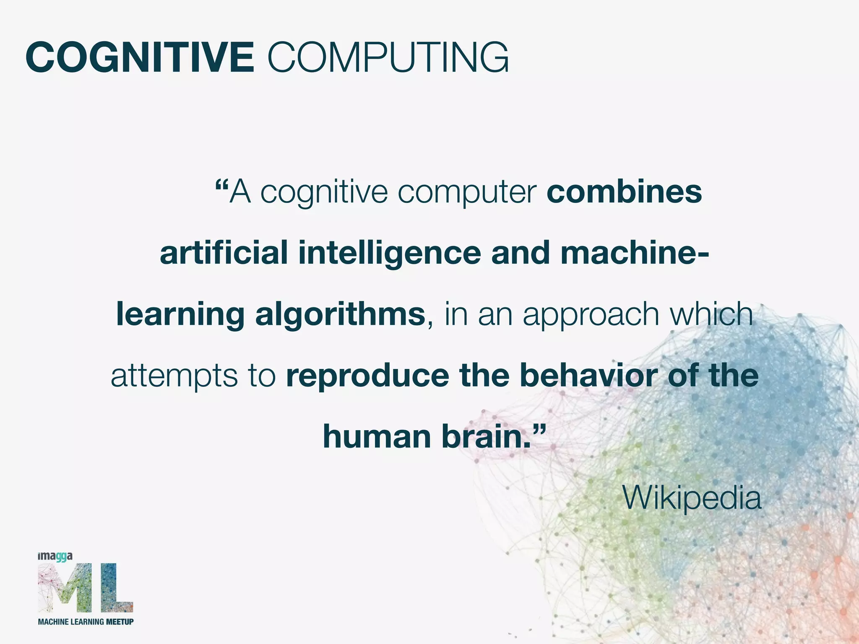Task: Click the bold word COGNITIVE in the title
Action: (140, 57)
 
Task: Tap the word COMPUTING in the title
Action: (388, 57)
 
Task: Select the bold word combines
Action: (624, 192)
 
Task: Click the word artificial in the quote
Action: (224, 253)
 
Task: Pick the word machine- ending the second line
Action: (635, 253)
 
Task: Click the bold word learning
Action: (180, 315)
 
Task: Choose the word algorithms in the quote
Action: (340, 315)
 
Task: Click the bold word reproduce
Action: (367, 377)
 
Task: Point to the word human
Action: (377, 437)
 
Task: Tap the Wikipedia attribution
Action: (692, 498)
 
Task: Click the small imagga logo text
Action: (55, 557)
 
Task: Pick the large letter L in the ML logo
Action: (117, 588)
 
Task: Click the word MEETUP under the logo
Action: (120, 621)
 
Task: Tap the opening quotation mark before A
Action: (221, 184)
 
